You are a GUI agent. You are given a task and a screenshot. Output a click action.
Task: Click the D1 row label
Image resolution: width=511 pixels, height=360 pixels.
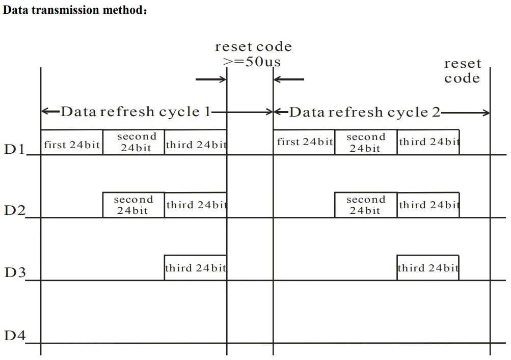(x=14, y=150)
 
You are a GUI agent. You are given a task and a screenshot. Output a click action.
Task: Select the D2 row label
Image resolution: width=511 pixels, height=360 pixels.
(x=14, y=210)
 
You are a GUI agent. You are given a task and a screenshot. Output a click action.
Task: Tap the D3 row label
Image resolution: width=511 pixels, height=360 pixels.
(x=15, y=272)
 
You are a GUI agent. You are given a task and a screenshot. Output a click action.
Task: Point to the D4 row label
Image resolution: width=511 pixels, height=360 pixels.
(x=15, y=336)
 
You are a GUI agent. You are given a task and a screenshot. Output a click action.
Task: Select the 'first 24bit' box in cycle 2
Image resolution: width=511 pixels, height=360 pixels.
(x=304, y=142)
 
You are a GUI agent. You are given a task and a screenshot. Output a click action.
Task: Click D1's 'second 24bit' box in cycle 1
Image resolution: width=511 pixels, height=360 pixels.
(x=134, y=142)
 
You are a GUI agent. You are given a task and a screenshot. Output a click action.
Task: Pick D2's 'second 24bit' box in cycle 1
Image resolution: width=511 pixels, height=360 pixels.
(x=134, y=205)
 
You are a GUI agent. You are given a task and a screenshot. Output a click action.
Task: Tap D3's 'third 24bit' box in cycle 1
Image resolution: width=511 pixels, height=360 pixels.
(x=196, y=268)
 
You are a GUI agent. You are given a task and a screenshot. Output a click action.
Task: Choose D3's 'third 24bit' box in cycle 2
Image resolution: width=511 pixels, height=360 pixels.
(x=428, y=268)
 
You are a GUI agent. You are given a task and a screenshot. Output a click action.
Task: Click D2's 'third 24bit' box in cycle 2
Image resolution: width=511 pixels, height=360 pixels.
(x=428, y=205)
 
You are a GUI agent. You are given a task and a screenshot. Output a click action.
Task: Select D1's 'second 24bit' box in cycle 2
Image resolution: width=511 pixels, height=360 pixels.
(x=366, y=142)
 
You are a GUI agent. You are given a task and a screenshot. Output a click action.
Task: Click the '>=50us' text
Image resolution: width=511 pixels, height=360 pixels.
(x=253, y=62)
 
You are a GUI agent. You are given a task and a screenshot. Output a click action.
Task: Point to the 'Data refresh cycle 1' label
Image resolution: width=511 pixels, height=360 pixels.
(x=136, y=112)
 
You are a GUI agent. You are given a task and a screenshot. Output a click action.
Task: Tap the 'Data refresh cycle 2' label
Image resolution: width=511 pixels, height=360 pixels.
(x=365, y=112)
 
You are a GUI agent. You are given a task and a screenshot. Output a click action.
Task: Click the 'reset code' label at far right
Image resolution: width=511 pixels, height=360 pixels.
(x=462, y=71)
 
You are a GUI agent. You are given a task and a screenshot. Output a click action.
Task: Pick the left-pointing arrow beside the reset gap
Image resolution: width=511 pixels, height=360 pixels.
(x=289, y=79)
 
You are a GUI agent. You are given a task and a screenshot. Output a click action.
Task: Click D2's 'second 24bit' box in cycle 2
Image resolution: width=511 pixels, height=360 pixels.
(x=366, y=205)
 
